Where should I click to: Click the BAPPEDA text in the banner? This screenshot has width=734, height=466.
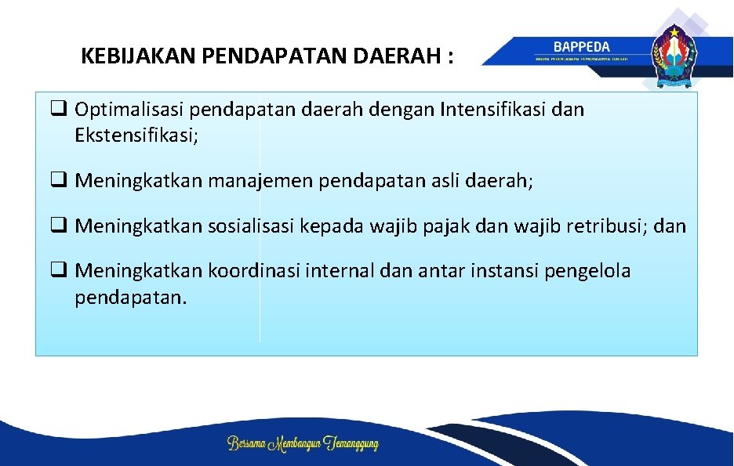[x=581, y=47]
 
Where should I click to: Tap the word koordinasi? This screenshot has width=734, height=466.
[x=256, y=272]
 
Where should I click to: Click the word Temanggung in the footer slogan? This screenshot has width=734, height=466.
[x=347, y=444]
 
